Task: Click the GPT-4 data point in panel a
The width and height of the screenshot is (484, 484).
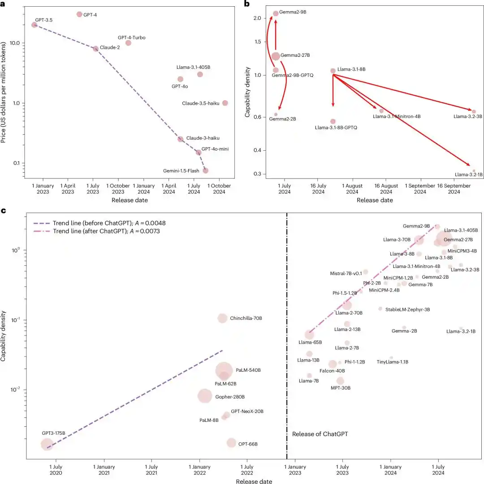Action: [x=79, y=14]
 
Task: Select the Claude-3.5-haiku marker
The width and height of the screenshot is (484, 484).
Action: [x=225, y=103]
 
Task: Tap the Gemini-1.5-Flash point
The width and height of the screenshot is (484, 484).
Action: [x=205, y=170]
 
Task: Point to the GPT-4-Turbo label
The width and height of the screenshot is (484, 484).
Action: [x=131, y=38]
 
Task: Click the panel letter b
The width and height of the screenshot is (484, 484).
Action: [x=246, y=4]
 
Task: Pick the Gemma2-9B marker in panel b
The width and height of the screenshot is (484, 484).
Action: [x=276, y=13]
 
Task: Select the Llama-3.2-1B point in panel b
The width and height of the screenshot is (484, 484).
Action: [x=474, y=171]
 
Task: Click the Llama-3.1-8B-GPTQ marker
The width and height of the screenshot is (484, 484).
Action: [x=333, y=121]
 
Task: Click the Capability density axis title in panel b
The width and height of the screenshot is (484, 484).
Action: [x=247, y=96]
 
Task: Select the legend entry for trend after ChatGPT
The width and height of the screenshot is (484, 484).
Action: [x=97, y=231]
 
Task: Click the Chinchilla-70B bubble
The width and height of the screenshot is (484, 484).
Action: [x=222, y=318]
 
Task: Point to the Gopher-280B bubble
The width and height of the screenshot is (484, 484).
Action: [x=205, y=396]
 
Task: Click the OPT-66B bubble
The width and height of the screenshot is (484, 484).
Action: [x=231, y=443]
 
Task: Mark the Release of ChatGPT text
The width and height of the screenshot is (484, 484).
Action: [x=320, y=434]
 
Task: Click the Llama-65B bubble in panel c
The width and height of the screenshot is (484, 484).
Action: [x=309, y=335]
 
